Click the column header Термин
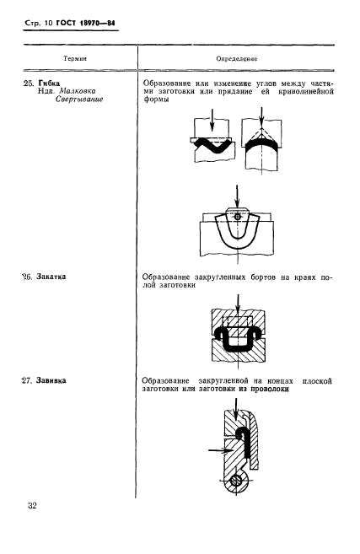(x=75, y=58)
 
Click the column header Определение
(x=237, y=59)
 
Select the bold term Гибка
(x=49, y=83)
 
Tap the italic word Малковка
(x=78, y=91)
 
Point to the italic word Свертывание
(x=79, y=100)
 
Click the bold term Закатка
(x=51, y=277)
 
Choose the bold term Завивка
(x=51, y=381)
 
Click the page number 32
(x=32, y=506)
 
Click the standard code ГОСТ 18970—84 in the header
(x=86, y=24)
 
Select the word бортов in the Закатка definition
(x=263, y=277)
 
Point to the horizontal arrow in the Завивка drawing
(x=220, y=450)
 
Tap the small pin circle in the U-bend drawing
(x=238, y=217)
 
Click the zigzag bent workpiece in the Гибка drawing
(x=212, y=145)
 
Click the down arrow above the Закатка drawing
(x=238, y=304)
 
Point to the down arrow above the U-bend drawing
(x=237, y=196)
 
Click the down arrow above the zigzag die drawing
(x=212, y=120)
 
